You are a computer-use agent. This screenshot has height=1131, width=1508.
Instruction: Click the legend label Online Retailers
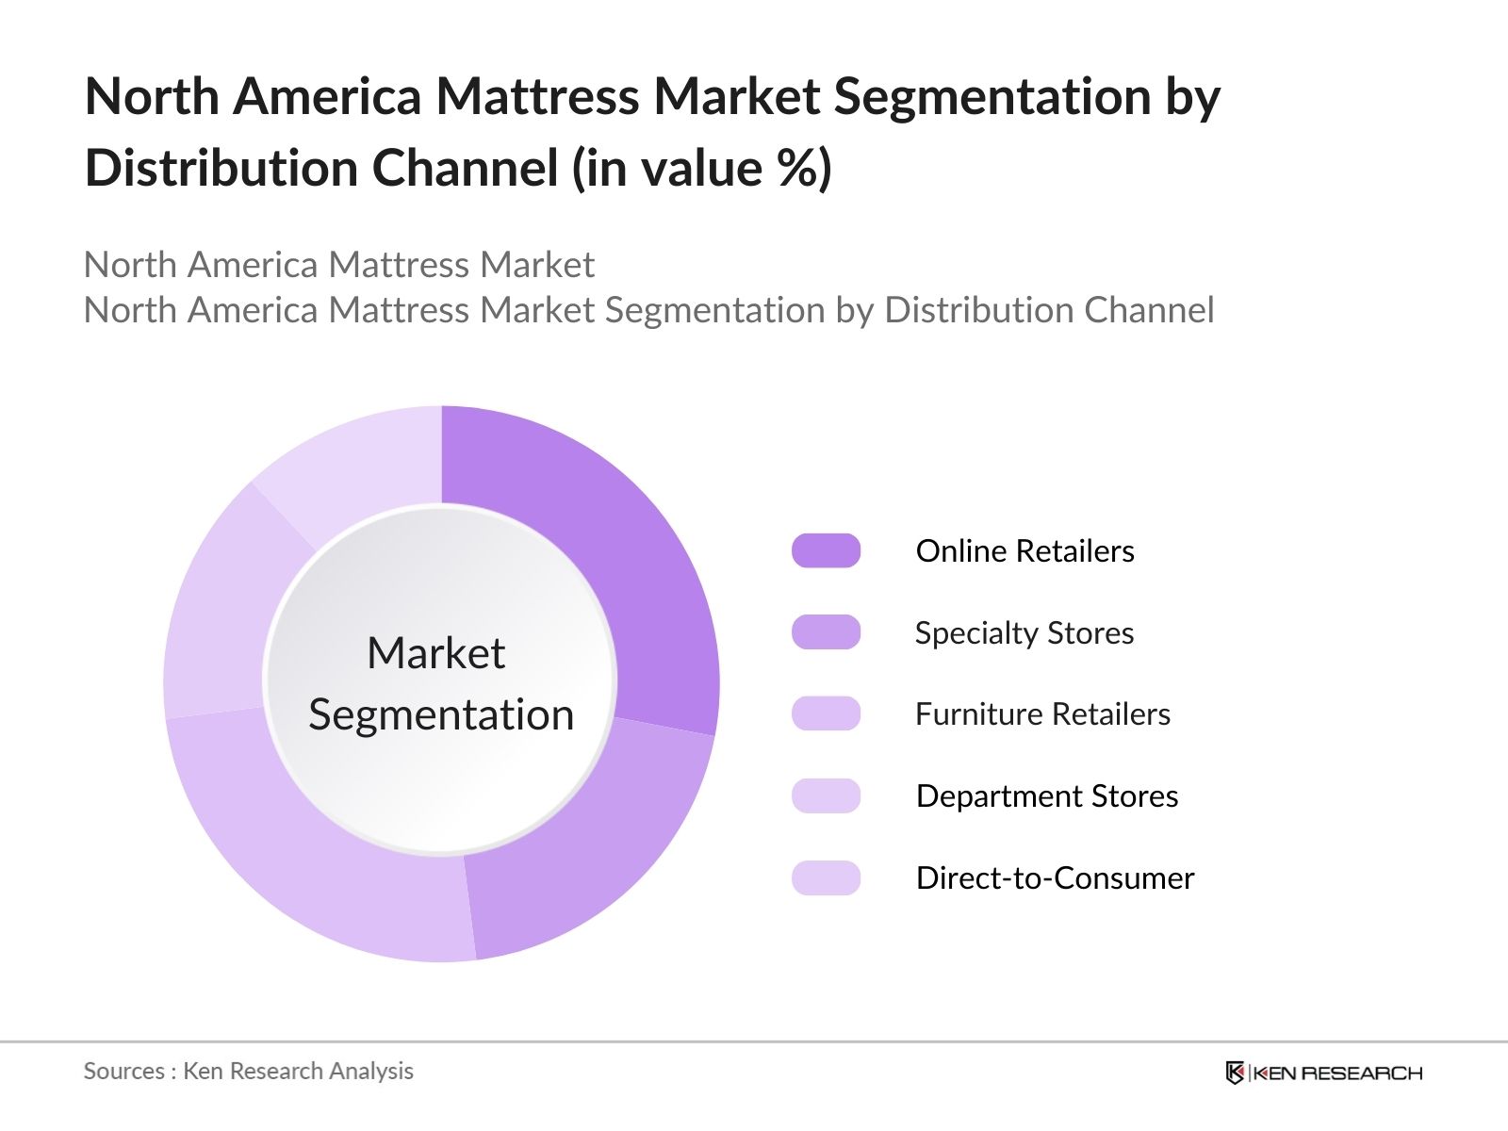(1024, 551)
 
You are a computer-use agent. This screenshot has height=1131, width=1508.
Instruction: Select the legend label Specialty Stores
(1024, 633)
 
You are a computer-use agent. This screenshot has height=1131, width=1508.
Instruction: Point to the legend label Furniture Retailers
(1042, 714)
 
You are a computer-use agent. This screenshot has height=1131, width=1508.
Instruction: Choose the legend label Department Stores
(1046, 796)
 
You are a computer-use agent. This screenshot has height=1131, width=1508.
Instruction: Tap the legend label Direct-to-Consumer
(1055, 878)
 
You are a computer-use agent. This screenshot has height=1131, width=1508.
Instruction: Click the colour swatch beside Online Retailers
(826, 551)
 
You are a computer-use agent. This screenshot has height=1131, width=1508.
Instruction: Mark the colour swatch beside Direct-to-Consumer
(826, 878)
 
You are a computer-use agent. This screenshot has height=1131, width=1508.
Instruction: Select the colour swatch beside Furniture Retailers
(826, 714)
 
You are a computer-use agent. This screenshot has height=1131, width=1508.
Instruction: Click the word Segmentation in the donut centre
(441, 714)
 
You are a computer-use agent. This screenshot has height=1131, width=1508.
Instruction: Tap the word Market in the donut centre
(435, 653)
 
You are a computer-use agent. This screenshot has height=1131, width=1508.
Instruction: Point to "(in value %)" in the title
(701, 169)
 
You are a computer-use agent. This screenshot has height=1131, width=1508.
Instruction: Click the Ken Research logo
(1323, 1073)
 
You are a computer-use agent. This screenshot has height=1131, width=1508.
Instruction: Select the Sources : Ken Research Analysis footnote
(248, 1072)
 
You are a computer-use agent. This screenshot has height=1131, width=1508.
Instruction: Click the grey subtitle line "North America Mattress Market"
(338, 265)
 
